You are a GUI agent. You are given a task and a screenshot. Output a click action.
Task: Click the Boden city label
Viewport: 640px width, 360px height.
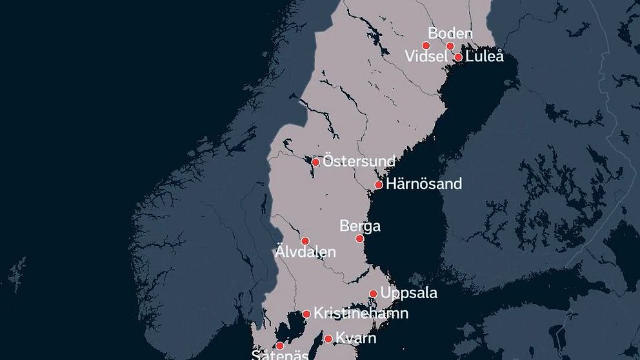[450, 34]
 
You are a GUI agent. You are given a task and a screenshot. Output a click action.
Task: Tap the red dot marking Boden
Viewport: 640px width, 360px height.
[450, 46]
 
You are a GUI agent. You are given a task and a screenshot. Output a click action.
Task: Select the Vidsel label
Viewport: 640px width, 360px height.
[425, 57]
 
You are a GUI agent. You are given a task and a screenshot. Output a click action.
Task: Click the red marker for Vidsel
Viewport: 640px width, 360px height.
[426, 45]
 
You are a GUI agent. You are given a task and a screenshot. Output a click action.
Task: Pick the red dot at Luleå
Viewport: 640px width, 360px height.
[458, 57]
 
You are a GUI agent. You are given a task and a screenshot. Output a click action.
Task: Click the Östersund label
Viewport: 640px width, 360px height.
[359, 161]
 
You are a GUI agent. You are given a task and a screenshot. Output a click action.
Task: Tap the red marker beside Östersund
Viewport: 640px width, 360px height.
[315, 162]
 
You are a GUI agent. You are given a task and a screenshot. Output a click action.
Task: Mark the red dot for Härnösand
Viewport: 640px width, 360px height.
[379, 185]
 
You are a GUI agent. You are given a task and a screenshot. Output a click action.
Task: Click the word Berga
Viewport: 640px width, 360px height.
[360, 226]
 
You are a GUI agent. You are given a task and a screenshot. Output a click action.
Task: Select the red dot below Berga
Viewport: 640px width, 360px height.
[360, 239]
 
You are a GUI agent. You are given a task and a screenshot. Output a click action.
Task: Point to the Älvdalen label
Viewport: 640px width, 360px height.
[305, 252]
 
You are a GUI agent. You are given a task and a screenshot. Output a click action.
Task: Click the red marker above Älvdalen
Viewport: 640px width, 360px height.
[305, 241]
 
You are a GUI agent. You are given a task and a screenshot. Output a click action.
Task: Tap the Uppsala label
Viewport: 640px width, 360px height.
[409, 293]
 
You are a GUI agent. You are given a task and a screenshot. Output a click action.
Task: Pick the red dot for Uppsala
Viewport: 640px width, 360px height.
[373, 294]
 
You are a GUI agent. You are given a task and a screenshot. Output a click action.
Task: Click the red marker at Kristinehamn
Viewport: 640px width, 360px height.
[306, 314]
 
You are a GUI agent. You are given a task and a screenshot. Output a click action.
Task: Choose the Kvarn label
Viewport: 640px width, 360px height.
[355, 338]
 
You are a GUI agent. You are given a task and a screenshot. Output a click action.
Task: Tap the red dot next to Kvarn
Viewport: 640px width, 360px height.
[328, 339]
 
